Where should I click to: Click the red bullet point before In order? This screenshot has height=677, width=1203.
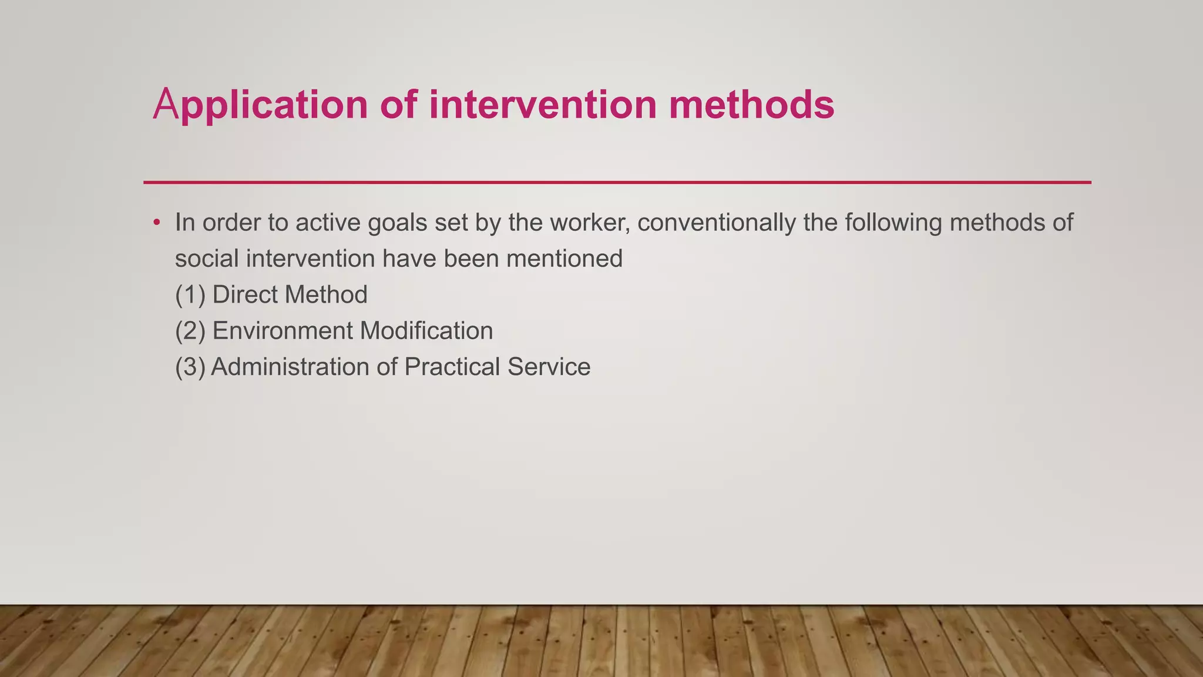click(x=156, y=223)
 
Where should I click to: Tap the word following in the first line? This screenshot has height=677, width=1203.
click(x=893, y=223)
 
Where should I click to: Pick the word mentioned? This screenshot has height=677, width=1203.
click(x=564, y=259)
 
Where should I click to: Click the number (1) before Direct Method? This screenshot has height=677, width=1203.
click(x=190, y=295)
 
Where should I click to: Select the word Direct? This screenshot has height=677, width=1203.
click(x=244, y=295)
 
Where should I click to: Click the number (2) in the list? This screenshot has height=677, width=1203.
click(x=190, y=331)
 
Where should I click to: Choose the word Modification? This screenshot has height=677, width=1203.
click(x=426, y=331)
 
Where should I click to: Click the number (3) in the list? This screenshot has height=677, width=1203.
click(x=190, y=367)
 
